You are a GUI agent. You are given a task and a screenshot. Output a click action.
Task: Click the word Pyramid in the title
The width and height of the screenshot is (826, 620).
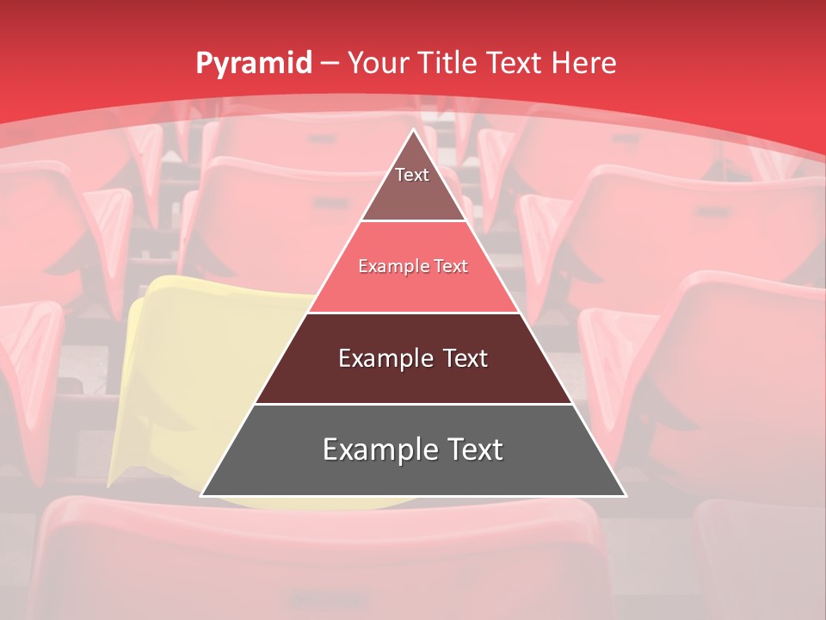pyautogui.click(x=253, y=64)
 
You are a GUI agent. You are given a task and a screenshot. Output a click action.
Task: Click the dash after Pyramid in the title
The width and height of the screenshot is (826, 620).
pyautogui.click(x=330, y=64)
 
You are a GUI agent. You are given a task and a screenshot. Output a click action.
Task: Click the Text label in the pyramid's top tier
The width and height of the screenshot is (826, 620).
pyautogui.click(x=412, y=175)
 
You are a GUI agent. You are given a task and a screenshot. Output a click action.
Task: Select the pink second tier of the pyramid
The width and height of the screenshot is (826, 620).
pyautogui.click(x=414, y=288)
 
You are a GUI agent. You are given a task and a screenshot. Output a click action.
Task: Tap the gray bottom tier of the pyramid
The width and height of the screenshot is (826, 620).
pyautogui.click(x=413, y=474)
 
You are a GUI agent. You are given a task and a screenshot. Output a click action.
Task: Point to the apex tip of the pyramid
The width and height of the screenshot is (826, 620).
pyautogui.click(x=414, y=130)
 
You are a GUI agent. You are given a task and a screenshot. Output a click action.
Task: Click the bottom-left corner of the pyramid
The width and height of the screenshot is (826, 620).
pyautogui.click(x=202, y=495)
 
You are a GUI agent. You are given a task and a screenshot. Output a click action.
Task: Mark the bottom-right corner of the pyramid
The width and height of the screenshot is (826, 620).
pyautogui.click(x=625, y=495)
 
